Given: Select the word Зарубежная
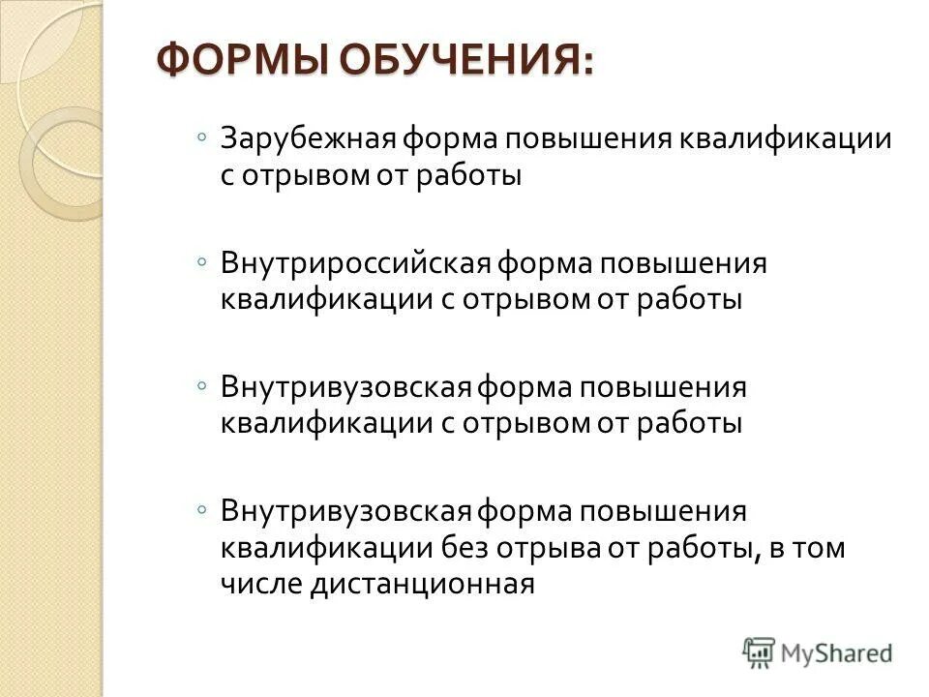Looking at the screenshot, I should pyautogui.click(x=304, y=138).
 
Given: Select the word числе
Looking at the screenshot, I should pyautogui.click(x=261, y=584).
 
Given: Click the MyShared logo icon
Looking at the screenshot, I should pyautogui.click(x=760, y=652).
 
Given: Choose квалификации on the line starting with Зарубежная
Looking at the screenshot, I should pyautogui.click(x=790, y=138).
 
